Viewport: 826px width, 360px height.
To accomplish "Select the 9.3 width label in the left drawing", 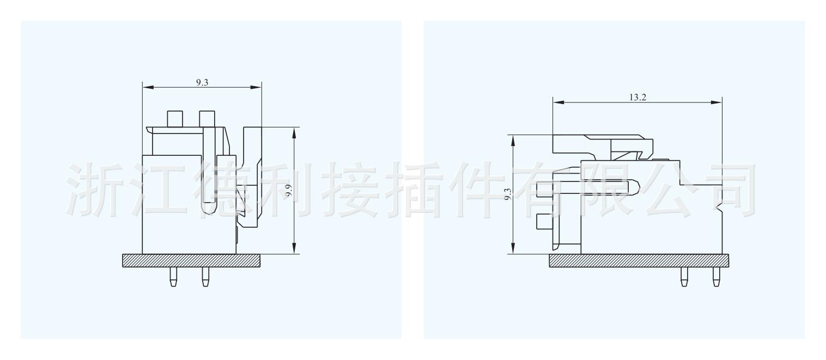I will [202, 82].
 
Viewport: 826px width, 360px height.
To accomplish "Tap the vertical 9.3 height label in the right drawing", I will [507, 194].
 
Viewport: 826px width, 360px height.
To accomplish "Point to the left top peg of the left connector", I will [174, 118].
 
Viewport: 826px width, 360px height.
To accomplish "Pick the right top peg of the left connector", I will [206, 118].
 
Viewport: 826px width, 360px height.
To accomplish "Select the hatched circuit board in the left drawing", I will [192, 261].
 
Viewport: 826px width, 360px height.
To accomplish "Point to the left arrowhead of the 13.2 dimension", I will [557, 102].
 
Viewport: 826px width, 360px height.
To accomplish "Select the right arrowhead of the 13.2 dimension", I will [718, 102].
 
